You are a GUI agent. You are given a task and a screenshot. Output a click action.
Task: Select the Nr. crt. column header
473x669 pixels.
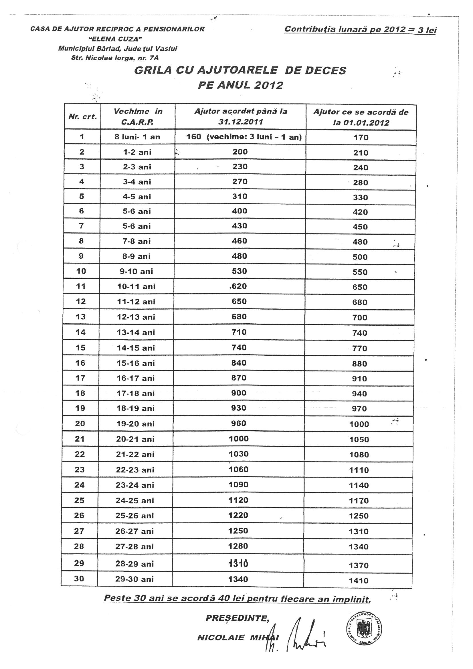82,117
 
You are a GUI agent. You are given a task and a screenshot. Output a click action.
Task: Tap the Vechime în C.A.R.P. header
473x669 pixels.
138,116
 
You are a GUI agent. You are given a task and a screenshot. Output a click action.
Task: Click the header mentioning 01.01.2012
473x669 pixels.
361,117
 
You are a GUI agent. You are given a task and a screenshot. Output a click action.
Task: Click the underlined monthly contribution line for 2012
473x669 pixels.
360,29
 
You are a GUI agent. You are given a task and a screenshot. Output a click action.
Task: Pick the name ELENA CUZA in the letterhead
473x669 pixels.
117,39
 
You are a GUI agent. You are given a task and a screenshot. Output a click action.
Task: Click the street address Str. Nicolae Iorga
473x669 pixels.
115,58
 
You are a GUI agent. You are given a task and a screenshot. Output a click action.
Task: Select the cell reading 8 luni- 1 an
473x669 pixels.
137,137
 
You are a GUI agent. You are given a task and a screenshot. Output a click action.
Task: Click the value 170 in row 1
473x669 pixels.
361,138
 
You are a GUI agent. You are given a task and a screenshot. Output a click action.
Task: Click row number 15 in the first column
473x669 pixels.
80,348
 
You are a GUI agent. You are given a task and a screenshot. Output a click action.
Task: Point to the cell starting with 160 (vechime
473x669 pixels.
244,137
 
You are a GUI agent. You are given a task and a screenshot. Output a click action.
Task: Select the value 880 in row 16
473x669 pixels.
359,364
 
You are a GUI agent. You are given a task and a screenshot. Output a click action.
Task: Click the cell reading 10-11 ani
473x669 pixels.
136,286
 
